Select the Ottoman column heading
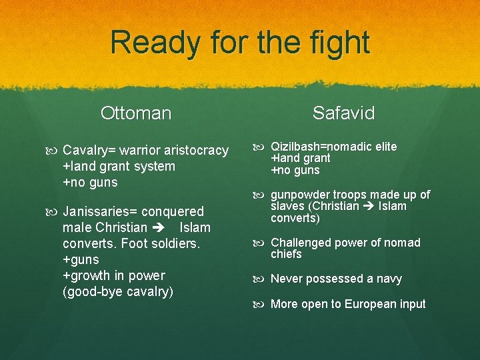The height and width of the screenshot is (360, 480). coord(136,113)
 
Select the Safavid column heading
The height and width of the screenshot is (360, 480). coord(344,113)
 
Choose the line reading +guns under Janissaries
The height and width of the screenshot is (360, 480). coord(81,260)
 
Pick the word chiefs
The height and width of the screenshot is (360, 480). coord(286,255)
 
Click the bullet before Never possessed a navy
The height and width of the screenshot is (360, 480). coord(259,279)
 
